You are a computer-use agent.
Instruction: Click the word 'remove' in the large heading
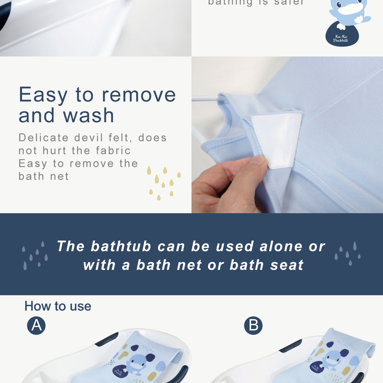pos(139,95)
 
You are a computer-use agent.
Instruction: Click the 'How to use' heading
pos(58,306)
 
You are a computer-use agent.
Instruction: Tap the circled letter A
pos(36,326)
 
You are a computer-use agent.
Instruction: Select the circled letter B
pos(253,326)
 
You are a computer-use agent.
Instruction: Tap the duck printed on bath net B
pos(332,359)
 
